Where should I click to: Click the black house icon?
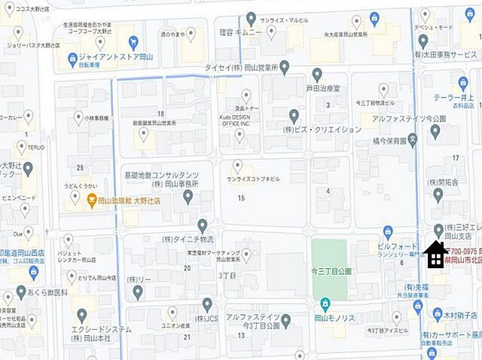pos(435,255)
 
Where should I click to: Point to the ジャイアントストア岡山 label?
pos(114,56)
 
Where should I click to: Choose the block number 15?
pos(241,197)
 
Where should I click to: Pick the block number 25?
pos(80,166)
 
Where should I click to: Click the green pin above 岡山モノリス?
pos(325,304)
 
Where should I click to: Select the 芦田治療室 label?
pos(328,87)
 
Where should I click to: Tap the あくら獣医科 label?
pos(49,291)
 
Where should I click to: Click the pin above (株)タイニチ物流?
pos(203,225)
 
